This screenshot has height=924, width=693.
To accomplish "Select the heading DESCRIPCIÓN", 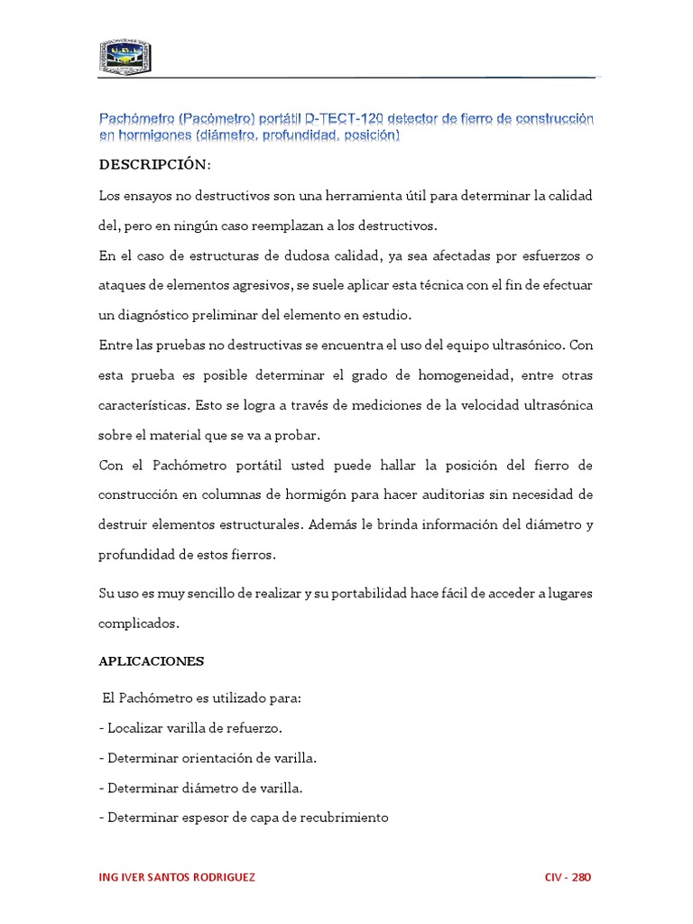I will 154,166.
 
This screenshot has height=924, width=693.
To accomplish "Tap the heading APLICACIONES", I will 152,661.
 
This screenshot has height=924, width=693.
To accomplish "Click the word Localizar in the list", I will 135,728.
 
